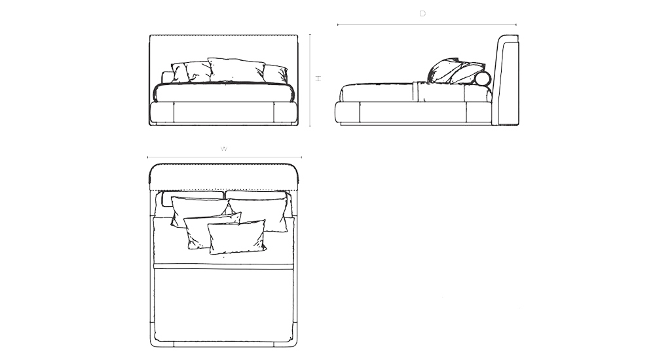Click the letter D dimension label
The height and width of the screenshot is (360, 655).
pos(422,14)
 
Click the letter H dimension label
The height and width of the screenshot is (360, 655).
pos(318,78)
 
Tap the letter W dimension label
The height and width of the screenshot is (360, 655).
pos(224,149)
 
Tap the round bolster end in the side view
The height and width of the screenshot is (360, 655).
pos(483,79)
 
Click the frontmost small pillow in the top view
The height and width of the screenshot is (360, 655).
pos(236,236)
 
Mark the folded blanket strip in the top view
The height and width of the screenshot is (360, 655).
pos(224,266)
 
